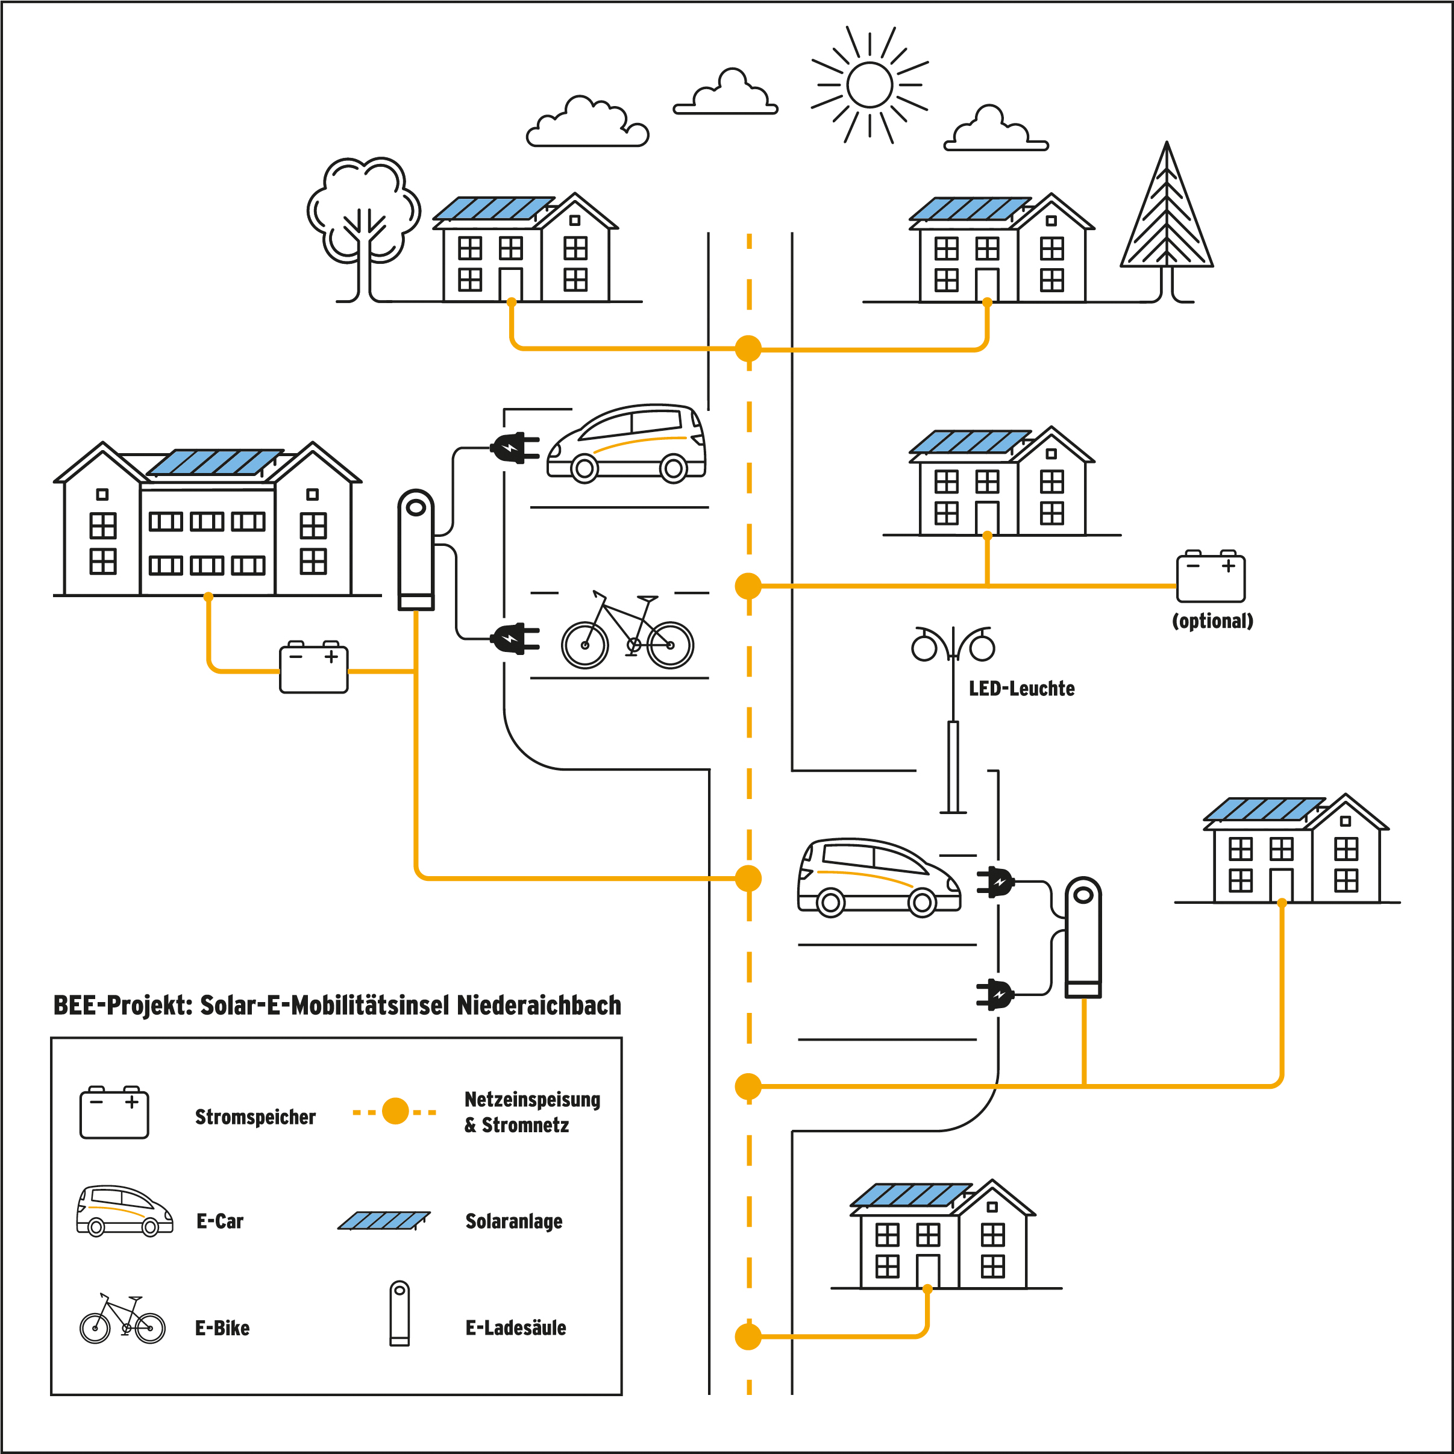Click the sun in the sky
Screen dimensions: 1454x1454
870,84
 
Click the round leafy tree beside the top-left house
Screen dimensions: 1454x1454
363,211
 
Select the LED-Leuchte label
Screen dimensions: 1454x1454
1021,689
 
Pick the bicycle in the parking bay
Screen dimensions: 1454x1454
627,632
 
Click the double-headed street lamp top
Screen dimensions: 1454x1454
953,644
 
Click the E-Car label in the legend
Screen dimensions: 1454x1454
220,1221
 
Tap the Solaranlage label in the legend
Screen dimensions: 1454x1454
514,1221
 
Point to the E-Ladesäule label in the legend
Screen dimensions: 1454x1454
516,1327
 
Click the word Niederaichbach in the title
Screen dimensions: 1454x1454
539,1006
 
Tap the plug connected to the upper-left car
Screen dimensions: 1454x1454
515,448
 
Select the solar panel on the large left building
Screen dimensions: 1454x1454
215,462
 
